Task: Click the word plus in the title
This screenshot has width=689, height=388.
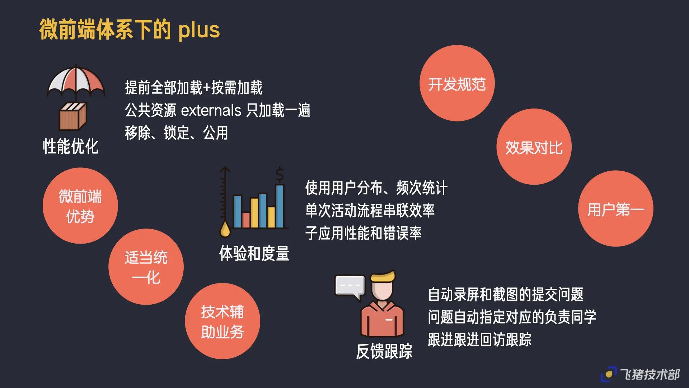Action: (x=199, y=30)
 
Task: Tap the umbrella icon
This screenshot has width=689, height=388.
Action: (x=76, y=81)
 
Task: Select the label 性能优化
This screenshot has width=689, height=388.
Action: (x=71, y=147)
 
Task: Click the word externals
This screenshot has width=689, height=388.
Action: (x=211, y=110)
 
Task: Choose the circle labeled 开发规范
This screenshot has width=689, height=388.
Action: (x=457, y=83)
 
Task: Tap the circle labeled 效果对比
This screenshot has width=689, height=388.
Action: (x=534, y=147)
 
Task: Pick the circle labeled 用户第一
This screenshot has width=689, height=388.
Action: (x=615, y=209)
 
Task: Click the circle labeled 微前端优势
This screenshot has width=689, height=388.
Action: (x=80, y=206)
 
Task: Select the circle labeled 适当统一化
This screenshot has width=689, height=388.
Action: (x=146, y=267)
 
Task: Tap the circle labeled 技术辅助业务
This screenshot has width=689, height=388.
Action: (x=222, y=321)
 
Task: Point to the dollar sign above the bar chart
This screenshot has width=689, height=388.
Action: (x=280, y=175)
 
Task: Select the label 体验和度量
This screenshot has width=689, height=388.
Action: (x=254, y=254)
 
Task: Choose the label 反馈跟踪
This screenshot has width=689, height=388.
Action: (x=384, y=351)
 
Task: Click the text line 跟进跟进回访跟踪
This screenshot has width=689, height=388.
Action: (x=479, y=339)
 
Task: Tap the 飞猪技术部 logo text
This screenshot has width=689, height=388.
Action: (x=650, y=375)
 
